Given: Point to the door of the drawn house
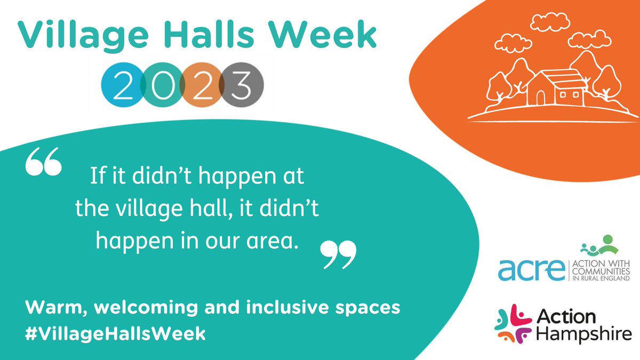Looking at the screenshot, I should [x=540, y=98].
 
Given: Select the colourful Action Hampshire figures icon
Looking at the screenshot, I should [x=514, y=322].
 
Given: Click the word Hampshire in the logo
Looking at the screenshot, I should [x=585, y=334].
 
